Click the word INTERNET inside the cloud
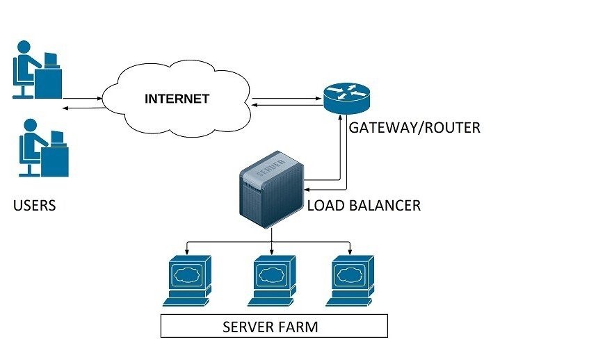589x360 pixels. (177, 99)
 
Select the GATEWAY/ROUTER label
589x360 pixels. (414, 129)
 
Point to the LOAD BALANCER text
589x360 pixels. (364, 206)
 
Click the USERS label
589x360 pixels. (34, 206)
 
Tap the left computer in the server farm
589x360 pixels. (188, 279)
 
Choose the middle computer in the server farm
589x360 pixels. (271, 279)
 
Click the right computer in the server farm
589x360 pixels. (350, 279)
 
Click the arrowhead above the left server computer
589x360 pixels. (188, 250)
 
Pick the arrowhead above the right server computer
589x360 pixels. (349, 250)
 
